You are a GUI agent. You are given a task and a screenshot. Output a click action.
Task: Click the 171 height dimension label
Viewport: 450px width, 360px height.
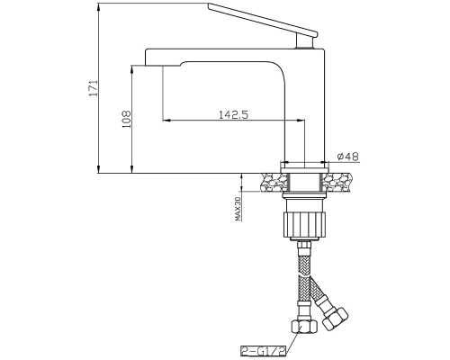(94, 88)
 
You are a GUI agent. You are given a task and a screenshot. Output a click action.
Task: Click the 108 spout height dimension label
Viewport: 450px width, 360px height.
(127, 120)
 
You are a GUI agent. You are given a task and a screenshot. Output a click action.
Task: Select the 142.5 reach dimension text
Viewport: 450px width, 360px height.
(233, 114)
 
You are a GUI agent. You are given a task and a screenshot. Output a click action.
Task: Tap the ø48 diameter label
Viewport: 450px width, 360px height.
(347, 157)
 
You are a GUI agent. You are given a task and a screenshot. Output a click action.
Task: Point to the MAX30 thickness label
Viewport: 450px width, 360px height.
(238, 209)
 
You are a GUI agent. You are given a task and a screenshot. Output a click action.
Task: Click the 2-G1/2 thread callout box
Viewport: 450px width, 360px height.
(264, 350)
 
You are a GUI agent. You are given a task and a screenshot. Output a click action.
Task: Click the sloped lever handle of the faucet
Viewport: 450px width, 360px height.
(263, 20)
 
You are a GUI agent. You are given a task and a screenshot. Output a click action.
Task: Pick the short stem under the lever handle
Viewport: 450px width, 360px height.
(305, 40)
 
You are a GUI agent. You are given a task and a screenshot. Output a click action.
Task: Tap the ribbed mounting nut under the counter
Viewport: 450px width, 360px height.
(304, 224)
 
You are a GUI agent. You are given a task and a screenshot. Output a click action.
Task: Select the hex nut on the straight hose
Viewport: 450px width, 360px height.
(304, 327)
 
